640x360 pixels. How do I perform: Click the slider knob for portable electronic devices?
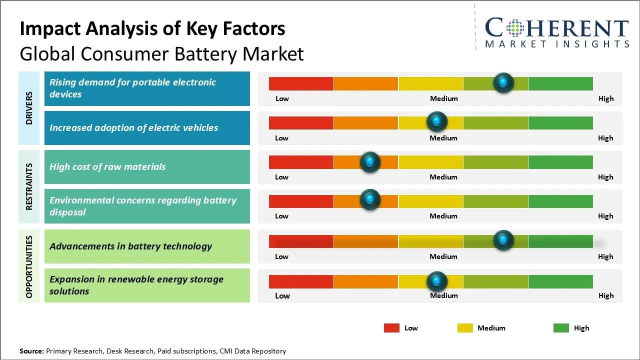pyautogui.click(x=503, y=82)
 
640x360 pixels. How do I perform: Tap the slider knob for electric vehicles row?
pyautogui.click(x=437, y=121)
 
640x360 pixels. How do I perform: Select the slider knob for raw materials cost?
pyautogui.click(x=370, y=161)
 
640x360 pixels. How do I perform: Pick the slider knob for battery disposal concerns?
pyautogui.click(x=370, y=199)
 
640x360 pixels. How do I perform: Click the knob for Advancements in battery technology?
pyautogui.click(x=503, y=240)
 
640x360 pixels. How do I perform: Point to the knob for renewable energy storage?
pyautogui.click(x=437, y=281)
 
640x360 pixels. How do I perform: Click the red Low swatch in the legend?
pyautogui.click(x=391, y=328)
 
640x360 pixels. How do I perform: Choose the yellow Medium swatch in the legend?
pyautogui.click(x=465, y=328)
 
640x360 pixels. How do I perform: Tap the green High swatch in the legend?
pyautogui.click(x=561, y=328)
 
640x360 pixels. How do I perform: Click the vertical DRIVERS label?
pyautogui.click(x=29, y=108)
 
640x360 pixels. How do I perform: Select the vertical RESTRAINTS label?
pyautogui.click(x=29, y=186)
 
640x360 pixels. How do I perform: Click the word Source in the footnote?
pyautogui.click(x=31, y=351)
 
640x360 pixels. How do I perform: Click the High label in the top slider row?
pyautogui.click(x=606, y=98)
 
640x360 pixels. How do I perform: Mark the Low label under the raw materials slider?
pyautogui.click(x=281, y=177)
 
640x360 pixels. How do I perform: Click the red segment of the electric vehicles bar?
pyautogui.click(x=301, y=122)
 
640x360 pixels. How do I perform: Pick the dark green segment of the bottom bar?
pyautogui.click(x=560, y=281)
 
